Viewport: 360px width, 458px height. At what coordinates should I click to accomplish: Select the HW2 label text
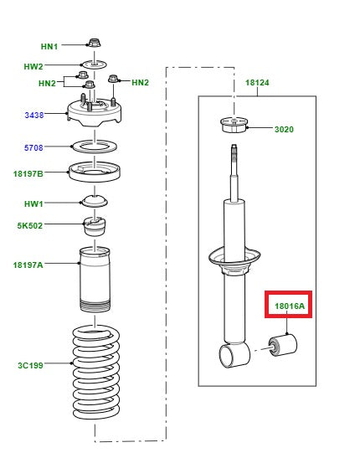pos(33,65)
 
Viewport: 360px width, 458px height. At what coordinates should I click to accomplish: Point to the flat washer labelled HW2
pos(94,64)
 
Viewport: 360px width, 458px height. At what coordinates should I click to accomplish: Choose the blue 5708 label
pos(34,147)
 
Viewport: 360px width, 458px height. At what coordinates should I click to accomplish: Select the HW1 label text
pos(34,203)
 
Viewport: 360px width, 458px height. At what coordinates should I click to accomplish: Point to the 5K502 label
pos(29,225)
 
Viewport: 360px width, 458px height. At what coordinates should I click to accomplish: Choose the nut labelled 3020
pos(234,126)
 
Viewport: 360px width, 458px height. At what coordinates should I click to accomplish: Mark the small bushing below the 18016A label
pos(282,345)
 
